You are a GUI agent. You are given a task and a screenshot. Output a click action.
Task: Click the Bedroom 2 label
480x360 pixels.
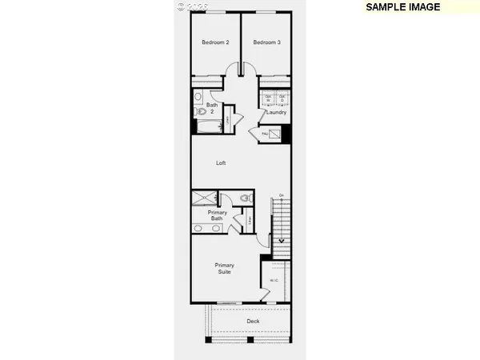click(215, 42)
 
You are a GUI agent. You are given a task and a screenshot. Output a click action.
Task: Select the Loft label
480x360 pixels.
click(221, 163)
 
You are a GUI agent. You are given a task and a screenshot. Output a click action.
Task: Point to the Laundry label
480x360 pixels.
click(276, 112)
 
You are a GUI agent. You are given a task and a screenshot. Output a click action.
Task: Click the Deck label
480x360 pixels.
click(253, 321)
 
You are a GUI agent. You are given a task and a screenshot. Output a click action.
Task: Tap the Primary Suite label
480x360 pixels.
click(224, 268)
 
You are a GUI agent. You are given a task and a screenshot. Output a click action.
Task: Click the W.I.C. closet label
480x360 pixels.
click(274, 280)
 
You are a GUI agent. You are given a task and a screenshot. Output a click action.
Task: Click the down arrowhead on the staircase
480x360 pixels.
click(280, 239)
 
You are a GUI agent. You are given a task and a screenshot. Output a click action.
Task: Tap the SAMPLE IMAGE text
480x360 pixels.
click(402, 7)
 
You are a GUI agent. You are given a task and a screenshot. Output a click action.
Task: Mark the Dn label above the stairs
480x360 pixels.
click(281, 195)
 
